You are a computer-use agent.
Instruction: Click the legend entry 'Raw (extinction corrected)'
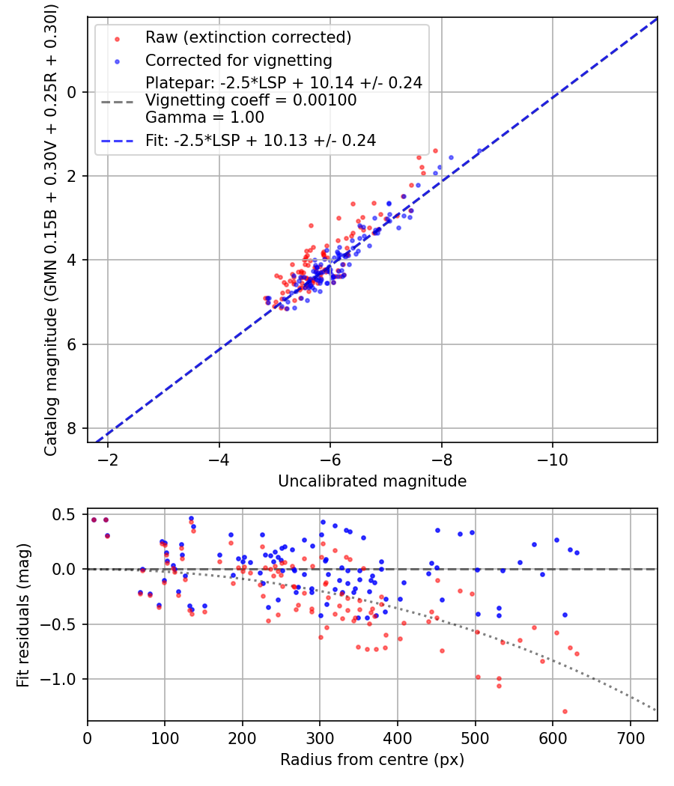pyautogui.click(x=248, y=37)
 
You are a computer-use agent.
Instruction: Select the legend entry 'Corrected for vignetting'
pyautogui.click(x=238, y=60)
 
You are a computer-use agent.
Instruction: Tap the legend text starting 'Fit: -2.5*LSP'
pyautogui.click(x=260, y=140)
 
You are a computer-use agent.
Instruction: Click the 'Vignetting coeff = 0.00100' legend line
pyautogui.click(x=251, y=100)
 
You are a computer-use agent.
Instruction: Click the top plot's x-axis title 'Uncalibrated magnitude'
pyautogui.click(x=372, y=481)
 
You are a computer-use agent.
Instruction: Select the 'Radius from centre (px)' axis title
pyautogui.click(x=372, y=760)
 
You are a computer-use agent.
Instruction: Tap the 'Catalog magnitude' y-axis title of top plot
pyautogui.click(x=51, y=228)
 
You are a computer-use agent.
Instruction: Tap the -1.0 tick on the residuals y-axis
pyautogui.click(x=62, y=679)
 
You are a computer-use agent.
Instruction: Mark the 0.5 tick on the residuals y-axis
pyautogui.click(x=67, y=514)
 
